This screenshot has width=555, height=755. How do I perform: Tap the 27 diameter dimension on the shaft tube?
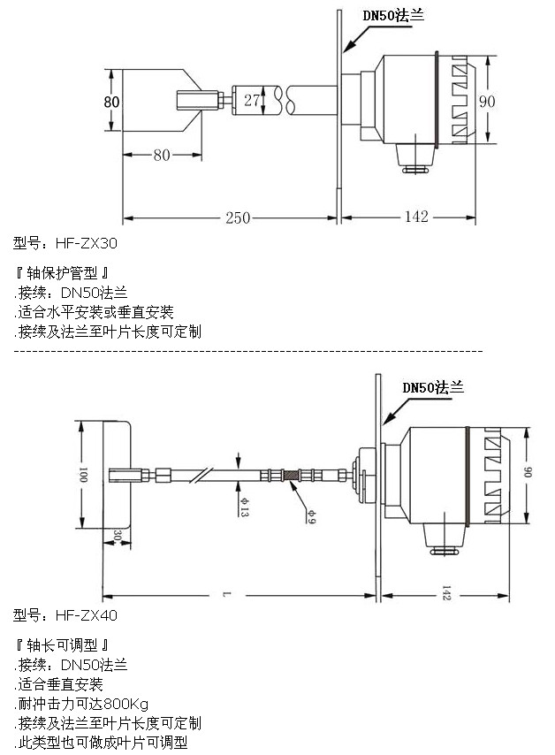(x=253, y=100)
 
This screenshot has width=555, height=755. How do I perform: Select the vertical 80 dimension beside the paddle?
(x=111, y=102)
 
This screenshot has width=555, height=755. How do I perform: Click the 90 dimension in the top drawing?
(x=487, y=101)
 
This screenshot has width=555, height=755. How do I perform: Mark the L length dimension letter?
(x=227, y=595)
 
